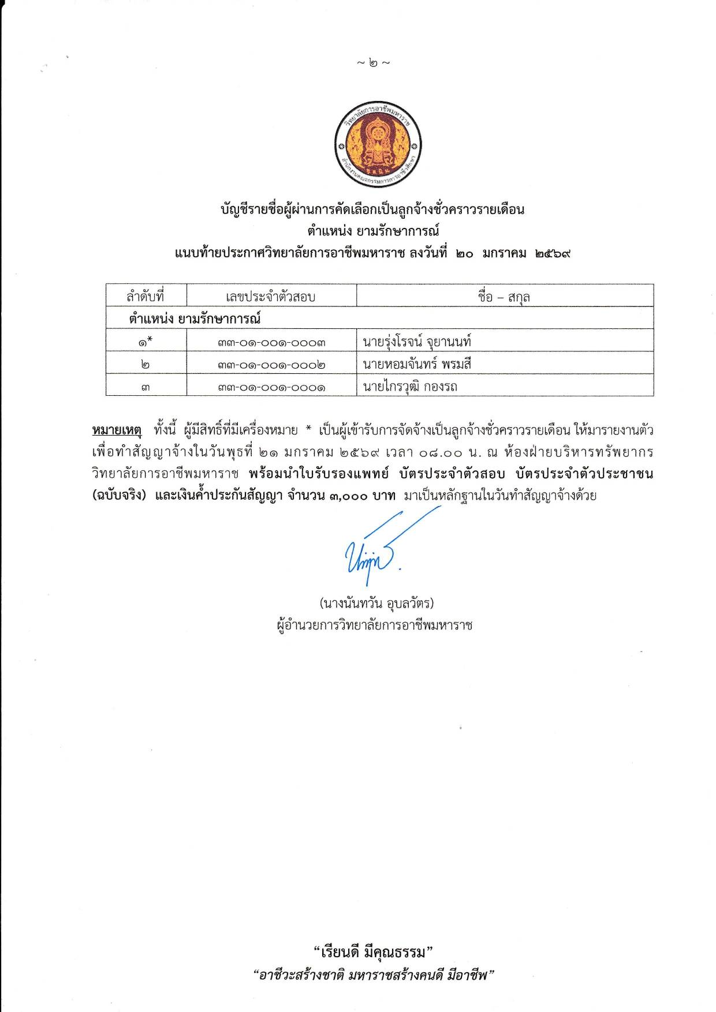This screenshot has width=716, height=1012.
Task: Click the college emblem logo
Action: pos(378,145)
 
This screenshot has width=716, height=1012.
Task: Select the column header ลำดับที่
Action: pos(146,297)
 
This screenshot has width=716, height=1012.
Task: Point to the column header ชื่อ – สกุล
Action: pos(504,297)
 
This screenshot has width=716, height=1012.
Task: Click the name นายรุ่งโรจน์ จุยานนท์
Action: pos(417,342)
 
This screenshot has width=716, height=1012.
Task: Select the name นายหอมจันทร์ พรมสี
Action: pos(417,364)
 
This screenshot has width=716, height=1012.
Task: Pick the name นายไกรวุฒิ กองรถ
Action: pos(410,387)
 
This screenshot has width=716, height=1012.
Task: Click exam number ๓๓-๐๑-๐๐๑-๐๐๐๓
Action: pos(271,342)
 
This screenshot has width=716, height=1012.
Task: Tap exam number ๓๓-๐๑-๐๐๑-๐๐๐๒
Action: pos(271,365)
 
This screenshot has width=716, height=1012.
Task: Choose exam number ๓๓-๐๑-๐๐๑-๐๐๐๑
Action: pos(271,387)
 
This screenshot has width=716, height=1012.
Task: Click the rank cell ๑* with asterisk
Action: pos(146,342)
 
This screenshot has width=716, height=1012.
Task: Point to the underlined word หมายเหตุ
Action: pos(117,430)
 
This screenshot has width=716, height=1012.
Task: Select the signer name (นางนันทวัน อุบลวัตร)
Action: pos(376,604)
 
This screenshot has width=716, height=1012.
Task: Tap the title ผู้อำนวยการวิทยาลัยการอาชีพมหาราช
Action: pos(375,625)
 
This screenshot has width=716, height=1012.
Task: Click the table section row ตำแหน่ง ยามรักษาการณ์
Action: pos(195,318)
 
